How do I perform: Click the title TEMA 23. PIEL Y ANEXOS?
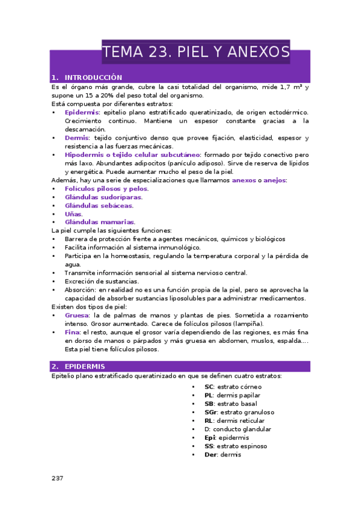[196, 52]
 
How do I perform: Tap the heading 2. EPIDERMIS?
[84, 366]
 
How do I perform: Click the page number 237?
[57, 478]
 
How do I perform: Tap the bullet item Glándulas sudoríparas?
[103, 197]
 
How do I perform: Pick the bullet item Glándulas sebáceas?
[99, 205]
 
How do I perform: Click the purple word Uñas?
[73, 214]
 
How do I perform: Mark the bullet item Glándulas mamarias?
[100, 222]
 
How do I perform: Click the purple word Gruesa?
[76, 315]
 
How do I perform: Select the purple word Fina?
[72, 332]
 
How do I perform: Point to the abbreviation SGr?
[210, 413]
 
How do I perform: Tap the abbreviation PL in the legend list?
[209, 396]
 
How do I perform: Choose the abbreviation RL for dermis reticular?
[209, 421]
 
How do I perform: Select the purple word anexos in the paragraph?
[243, 180]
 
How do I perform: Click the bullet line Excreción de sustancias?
[102, 281]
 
